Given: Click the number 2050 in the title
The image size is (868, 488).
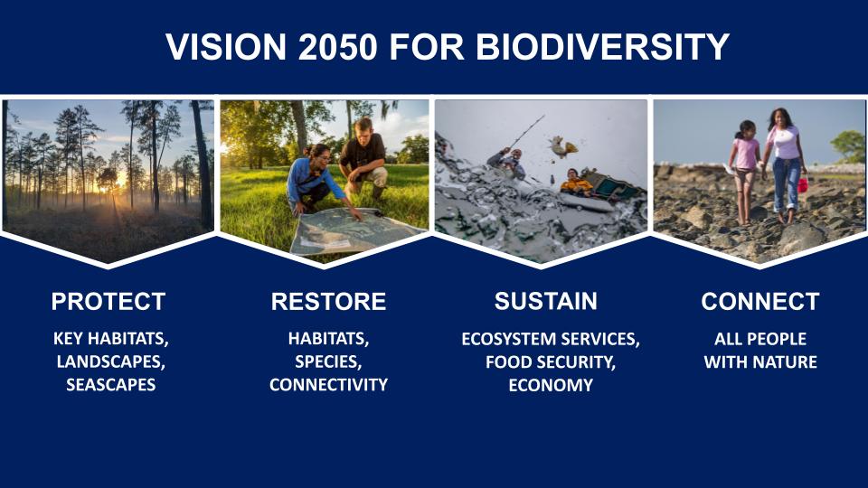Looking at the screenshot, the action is click(337, 46).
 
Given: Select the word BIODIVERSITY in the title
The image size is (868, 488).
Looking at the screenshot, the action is click(602, 46).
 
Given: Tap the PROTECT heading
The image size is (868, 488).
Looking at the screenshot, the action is click(108, 302).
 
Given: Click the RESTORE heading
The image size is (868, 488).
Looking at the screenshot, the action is click(329, 302).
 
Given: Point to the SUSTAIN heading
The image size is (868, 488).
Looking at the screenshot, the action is click(546, 302).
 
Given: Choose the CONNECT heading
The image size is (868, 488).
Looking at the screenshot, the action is click(760, 302).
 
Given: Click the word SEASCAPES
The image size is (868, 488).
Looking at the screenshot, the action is click(110, 385).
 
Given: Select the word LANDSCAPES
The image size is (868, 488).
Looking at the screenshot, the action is click(110, 361).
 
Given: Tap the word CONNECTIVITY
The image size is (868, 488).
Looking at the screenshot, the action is click(329, 385).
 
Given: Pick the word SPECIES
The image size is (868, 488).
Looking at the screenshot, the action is click(328, 361).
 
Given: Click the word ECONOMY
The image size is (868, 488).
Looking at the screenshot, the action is click(551, 385).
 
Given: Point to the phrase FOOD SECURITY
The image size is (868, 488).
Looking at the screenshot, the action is click(551, 362).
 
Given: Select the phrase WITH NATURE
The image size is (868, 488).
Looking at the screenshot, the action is click(760, 361).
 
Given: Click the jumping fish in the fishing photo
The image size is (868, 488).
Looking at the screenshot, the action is click(563, 146).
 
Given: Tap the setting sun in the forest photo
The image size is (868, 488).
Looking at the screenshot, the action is click(119, 182).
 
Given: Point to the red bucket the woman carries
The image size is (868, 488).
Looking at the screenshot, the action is click(803, 184).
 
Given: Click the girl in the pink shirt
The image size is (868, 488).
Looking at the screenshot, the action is click(744, 172).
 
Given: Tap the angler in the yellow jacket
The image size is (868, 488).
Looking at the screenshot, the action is click(576, 182).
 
